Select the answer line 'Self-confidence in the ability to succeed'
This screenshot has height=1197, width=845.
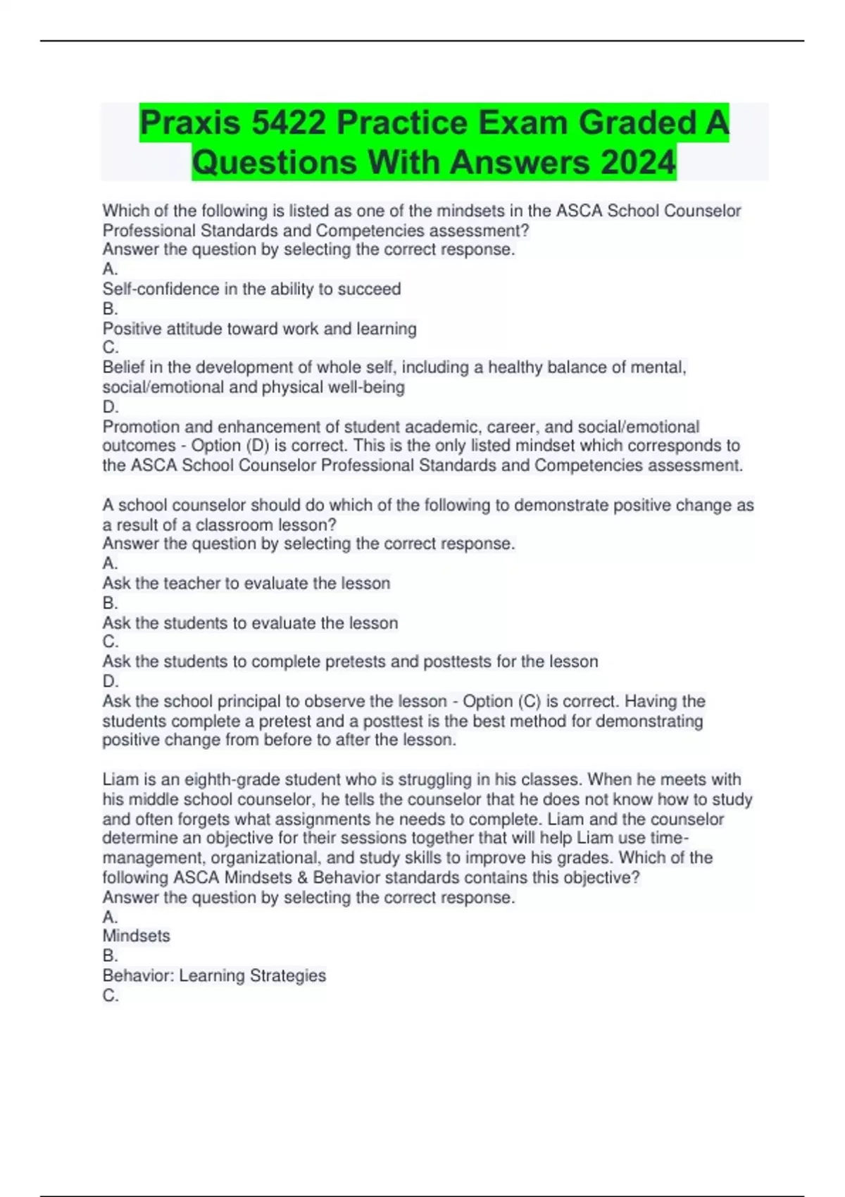tap(251, 289)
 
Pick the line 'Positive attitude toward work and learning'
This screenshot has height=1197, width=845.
tap(259, 329)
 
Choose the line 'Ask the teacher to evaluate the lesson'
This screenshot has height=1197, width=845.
tap(246, 584)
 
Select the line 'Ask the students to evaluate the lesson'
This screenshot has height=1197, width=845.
tap(250, 623)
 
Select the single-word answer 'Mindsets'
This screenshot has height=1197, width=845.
tap(136, 936)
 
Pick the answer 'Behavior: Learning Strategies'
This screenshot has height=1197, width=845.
tap(214, 976)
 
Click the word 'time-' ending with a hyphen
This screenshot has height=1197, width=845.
tap(670, 838)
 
